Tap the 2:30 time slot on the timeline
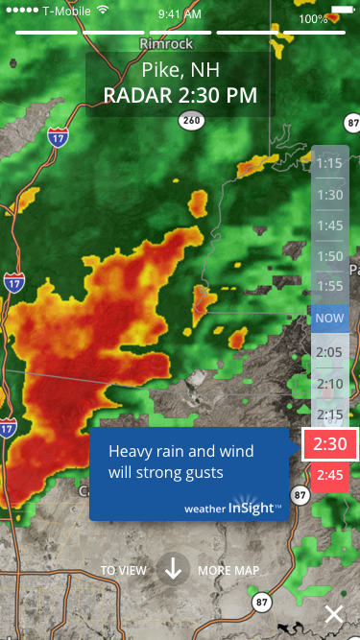click(330, 444)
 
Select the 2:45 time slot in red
click(330, 475)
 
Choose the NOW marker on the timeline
click(330, 319)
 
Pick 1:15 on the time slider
click(330, 163)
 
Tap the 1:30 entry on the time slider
click(330, 194)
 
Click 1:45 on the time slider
click(330, 225)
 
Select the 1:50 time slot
click(330, 256)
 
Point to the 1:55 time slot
click(330, 286)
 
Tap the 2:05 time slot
click(330, 351)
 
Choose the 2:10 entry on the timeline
click(330, 383)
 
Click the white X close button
click(333, 615)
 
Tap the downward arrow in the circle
click(173, 569)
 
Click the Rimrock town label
click(166, 44)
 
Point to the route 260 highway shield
click(192, 121)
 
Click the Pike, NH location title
click(180, 70)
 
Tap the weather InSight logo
click(233, 508)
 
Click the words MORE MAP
click(228, 570)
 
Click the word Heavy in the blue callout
click(128, 451)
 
